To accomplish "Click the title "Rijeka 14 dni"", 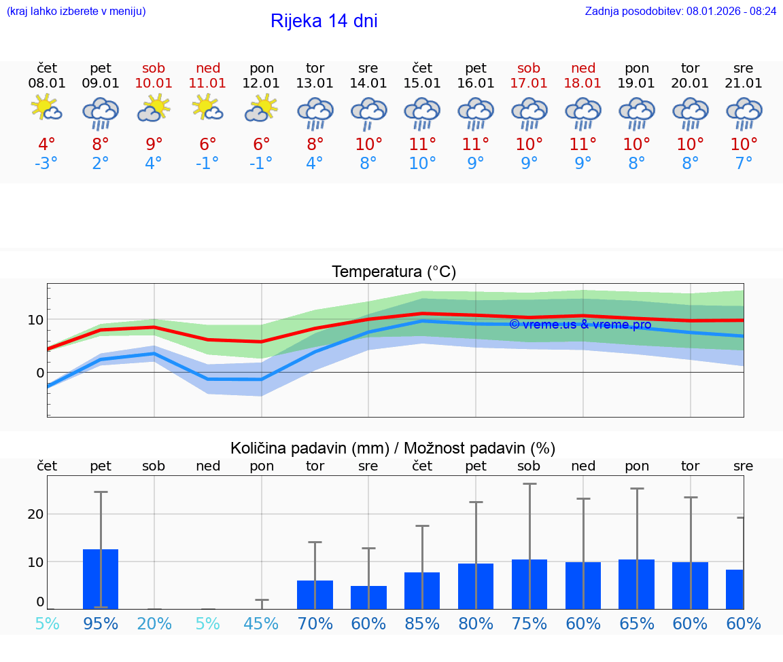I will [x=324, y=21].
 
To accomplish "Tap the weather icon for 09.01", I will [x=101, y=113].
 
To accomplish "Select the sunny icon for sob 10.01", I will [x=154, y=109].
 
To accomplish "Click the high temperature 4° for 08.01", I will [x=47, y=145].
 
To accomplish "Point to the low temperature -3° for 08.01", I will [x=47, y=164].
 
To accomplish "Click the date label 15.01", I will [x=422, y=84].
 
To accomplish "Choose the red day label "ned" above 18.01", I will [x=583, y=68].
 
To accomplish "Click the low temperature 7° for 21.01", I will [x=744, y=164].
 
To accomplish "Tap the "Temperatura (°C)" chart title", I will [x=394, y=272].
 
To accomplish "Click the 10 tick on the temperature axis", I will [x=36, y=320].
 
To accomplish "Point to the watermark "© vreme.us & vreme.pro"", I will [x=580, y=325].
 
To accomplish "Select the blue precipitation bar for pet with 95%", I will [x=101, y=579].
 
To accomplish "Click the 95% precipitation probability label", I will [x=101, y=624].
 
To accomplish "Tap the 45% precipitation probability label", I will [x=261, y=624].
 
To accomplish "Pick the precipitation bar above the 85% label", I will [x=422, y=591].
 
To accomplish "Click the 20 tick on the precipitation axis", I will [x=36, y=514].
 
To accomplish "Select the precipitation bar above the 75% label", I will [x=529, y=584].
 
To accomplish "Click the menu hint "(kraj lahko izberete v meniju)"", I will [x=76, y=11].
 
